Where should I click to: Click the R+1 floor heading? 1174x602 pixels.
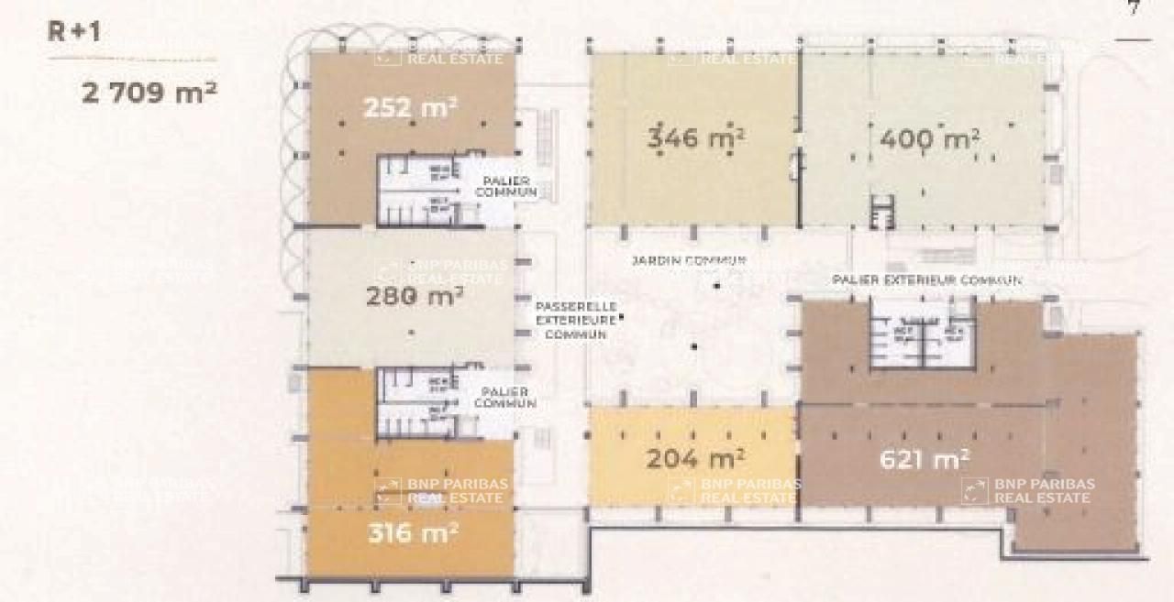(74, 31)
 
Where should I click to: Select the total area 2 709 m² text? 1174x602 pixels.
(150, 92)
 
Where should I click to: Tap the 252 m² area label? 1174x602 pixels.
(410, 107)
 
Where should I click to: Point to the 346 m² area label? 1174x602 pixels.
(695, 138)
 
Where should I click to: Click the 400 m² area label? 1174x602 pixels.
(929, 139)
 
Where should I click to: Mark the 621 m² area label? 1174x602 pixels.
(925, 458)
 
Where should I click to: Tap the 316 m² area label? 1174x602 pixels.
(413, 531)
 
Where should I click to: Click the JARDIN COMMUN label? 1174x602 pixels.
(688, 260)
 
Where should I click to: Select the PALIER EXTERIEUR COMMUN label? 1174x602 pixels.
(926, 279)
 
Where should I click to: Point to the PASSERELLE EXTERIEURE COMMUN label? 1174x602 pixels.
(576, 321)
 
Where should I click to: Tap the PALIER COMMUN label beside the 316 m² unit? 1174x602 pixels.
(505, 397)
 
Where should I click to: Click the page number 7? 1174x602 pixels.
(1134, 9)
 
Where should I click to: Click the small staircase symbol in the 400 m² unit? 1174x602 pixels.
(881, 213)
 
